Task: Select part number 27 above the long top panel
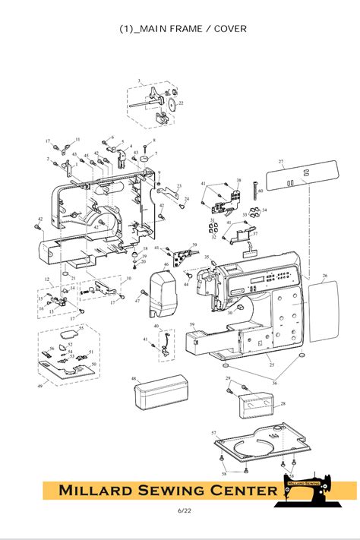(x=280, y=162)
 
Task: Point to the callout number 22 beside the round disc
(x=181, y=103)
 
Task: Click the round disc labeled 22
(x=171, y=105)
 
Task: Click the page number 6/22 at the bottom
(x=180, y=510)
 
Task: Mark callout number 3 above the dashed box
(x=139, y=81)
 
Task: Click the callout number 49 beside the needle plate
(x=40, y=387)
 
